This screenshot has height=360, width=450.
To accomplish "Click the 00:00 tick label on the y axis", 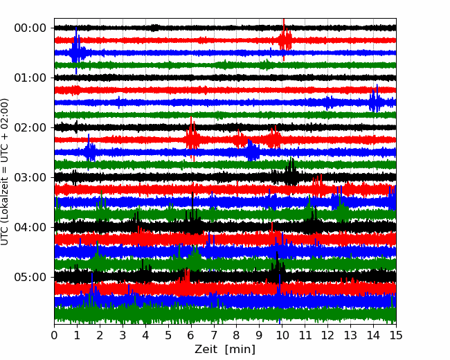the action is point(30,28).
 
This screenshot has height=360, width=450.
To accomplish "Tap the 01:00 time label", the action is point(30,78).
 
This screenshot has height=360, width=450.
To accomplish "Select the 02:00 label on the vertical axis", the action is point(30,127).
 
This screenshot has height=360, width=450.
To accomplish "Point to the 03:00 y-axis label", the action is point(30,177).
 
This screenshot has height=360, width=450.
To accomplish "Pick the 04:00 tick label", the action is point(30,227).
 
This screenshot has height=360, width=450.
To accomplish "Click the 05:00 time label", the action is point(30,277).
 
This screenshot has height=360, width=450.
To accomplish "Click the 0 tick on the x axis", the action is point(54,335).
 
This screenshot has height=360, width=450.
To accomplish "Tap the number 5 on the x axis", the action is point(168,335).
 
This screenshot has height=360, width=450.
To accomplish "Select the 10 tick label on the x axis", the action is point(282,335).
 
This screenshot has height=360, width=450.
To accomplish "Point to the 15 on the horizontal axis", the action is point(396,335).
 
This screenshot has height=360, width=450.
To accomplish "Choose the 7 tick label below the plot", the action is point(214,335).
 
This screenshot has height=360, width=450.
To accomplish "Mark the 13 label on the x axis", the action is point(350,335).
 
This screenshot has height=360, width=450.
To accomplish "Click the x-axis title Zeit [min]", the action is point(225,350).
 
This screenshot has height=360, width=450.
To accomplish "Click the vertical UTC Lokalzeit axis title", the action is point(5,172).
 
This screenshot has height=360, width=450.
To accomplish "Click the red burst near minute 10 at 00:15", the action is point(285,40).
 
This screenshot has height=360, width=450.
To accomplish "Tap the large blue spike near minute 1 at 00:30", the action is point(76,52).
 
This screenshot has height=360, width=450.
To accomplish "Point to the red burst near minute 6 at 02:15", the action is point(192,138).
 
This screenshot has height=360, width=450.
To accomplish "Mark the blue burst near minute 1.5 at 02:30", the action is point(89,151).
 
